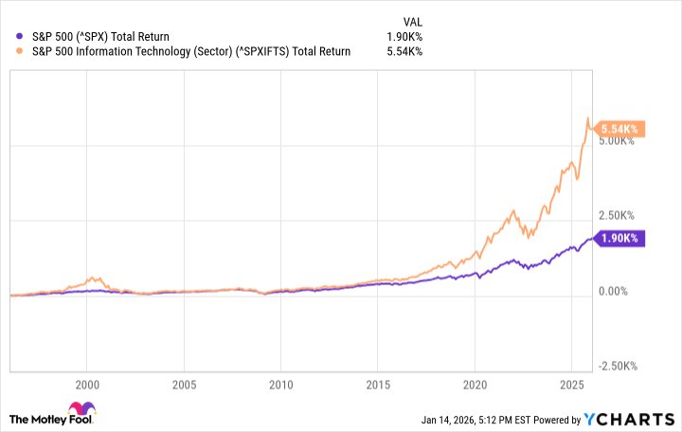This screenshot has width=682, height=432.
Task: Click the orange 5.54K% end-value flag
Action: pos(619,129)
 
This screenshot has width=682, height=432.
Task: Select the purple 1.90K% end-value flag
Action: pos(619,239)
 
